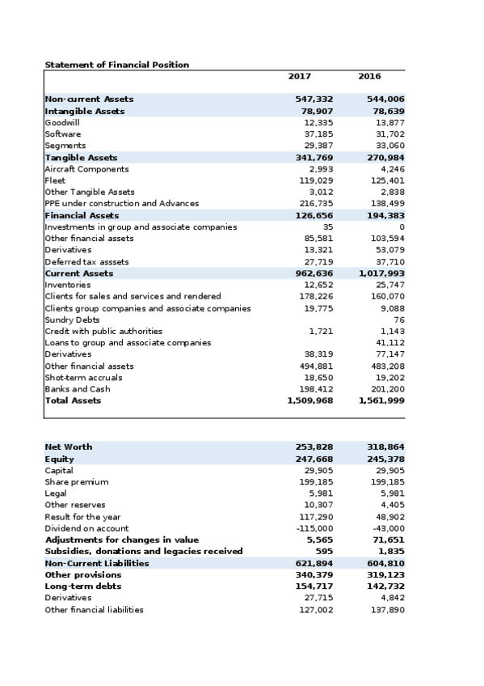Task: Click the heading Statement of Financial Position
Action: tap(117, 65)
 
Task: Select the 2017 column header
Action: tap(299, 76)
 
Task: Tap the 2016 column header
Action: tap(369, 76)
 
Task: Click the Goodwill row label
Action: tap(62, 122)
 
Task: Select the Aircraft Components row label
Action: tap(86, 169)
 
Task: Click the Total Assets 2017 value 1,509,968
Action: tap(310, 400)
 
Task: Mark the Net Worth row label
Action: tap(69, 447)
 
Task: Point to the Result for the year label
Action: tap(83, 516)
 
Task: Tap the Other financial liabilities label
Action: tap(95, 609)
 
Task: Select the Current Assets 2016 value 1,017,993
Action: tap(382, 273)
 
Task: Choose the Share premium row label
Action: tap(77, 481)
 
